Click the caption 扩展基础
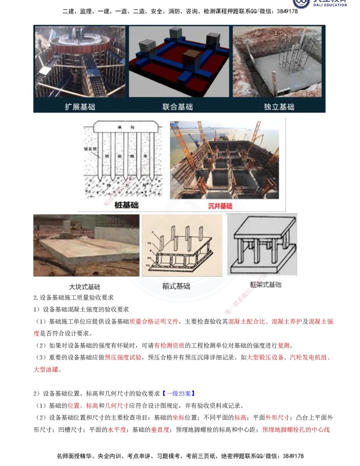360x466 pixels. point(80,107)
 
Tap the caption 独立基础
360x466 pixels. point(279,107)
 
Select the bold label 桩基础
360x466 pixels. point(127,205)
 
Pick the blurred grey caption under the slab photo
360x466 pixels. point(84,286)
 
